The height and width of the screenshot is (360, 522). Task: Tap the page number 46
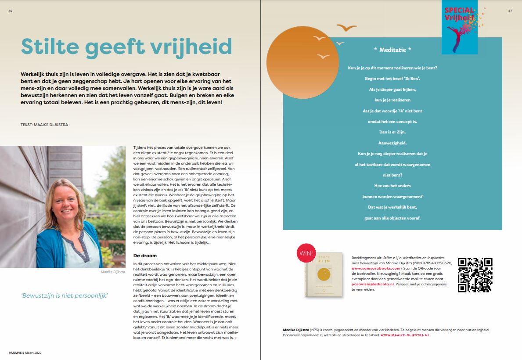[x=10, y=11]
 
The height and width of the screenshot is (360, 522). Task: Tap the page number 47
[x=510, y=11]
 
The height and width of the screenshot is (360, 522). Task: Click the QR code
[x=475, y=275]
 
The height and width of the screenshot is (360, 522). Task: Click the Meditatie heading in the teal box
[x=392, y=50]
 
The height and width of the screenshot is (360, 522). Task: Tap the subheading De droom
[x=145, y=256]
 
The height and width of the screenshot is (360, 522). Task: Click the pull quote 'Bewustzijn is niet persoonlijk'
[x=65, y=295]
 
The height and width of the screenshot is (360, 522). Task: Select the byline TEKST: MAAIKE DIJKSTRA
[x=44, y=125]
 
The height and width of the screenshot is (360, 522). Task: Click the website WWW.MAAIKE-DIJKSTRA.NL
[x=405, y=335]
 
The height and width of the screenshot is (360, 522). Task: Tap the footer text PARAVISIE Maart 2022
[x=25, y=353]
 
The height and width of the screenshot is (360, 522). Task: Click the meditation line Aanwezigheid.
[x=392, y=143]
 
